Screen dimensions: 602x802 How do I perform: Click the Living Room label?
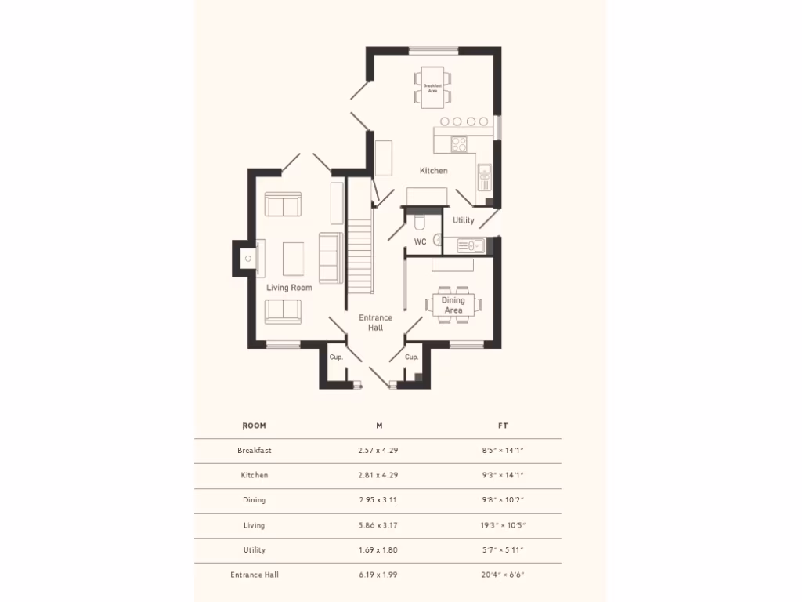[x=289, y=288]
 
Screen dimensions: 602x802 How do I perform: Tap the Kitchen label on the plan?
[x=433, y=170]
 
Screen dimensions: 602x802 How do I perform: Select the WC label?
[x=420, y=241]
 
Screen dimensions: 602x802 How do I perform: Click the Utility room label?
[x=463, y=220]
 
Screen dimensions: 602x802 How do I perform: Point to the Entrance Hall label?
[x=375, y=322]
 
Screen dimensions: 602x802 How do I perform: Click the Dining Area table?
[x=453, y=305]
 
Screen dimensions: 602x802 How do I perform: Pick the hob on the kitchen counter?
[x=459, y=143]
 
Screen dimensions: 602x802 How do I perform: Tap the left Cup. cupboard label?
[x=336, y=357]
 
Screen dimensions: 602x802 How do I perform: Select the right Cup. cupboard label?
[x=412, y=357]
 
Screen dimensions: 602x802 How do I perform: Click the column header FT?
[x=503, y=426]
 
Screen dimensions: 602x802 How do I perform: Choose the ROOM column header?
[x=254, y=426]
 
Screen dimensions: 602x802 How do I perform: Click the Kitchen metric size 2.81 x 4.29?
[x=378, y=475]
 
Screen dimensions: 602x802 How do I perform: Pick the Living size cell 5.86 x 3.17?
[x=378, y=525]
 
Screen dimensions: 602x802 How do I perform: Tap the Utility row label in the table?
[x=254, y=549]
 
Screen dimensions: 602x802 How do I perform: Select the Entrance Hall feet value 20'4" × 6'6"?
[x=502, y=575]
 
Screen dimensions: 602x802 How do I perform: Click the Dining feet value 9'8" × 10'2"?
[x=502, y=500]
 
